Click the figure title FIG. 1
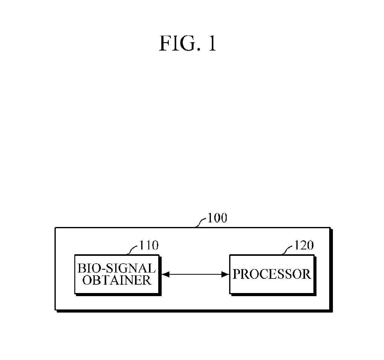187,44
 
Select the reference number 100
217,218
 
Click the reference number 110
149,245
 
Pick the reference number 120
303,245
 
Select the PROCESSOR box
272,274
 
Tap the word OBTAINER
117,280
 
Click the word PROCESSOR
272,274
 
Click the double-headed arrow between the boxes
195,274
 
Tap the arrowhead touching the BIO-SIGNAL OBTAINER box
164,274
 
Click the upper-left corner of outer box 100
55,228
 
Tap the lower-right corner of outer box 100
330,309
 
